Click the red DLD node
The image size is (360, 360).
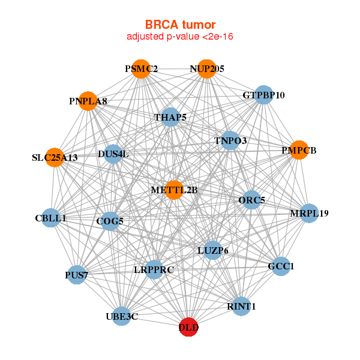188,327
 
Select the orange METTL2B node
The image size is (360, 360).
174,190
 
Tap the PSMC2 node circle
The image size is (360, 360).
140,69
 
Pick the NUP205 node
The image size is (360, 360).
206,69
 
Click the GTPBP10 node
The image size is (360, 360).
264,95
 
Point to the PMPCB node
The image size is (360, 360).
298,150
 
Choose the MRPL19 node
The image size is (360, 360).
308,213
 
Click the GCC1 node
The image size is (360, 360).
281,266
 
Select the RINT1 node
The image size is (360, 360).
241,306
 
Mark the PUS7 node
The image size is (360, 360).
76,275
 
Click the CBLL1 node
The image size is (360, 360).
50,218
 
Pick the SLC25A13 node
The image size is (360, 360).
55,158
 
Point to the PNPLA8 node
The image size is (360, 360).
88,101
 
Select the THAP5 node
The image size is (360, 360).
170,117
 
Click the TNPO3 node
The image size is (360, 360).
230,141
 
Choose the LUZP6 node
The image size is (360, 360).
212,250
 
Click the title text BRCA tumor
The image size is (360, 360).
180,25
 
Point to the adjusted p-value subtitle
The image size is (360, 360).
180,37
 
